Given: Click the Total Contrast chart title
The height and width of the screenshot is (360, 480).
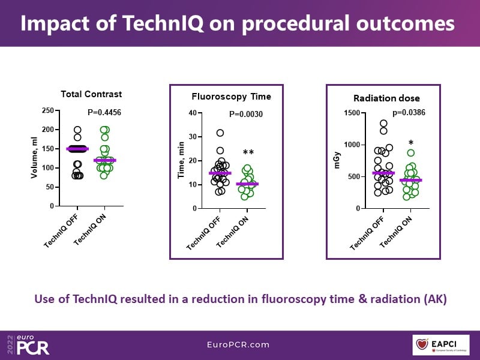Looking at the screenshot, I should [x=91, y=94].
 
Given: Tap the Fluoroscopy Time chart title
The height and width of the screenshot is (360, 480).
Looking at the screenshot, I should [x=231, y=96].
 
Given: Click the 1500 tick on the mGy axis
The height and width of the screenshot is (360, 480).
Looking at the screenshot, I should [x=352, y=113].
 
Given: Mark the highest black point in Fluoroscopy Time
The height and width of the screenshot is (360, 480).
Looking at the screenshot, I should [x=220, y=133].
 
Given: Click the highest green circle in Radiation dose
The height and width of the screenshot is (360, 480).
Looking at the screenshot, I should [x=410, y=153].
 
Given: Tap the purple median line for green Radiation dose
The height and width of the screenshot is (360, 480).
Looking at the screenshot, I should [x=410, y=180].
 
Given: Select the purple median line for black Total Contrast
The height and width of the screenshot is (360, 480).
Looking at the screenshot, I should [x=77, y=149].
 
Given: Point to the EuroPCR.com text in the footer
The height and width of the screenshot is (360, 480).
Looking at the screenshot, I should [x=239, y=345].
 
